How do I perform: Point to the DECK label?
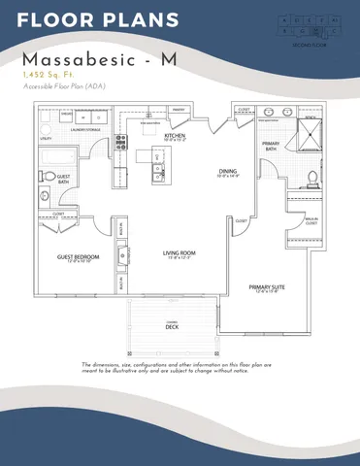[x=173, y=325]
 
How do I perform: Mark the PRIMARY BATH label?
[x=272, y=146]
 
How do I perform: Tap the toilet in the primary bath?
[x=312, y=178]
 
